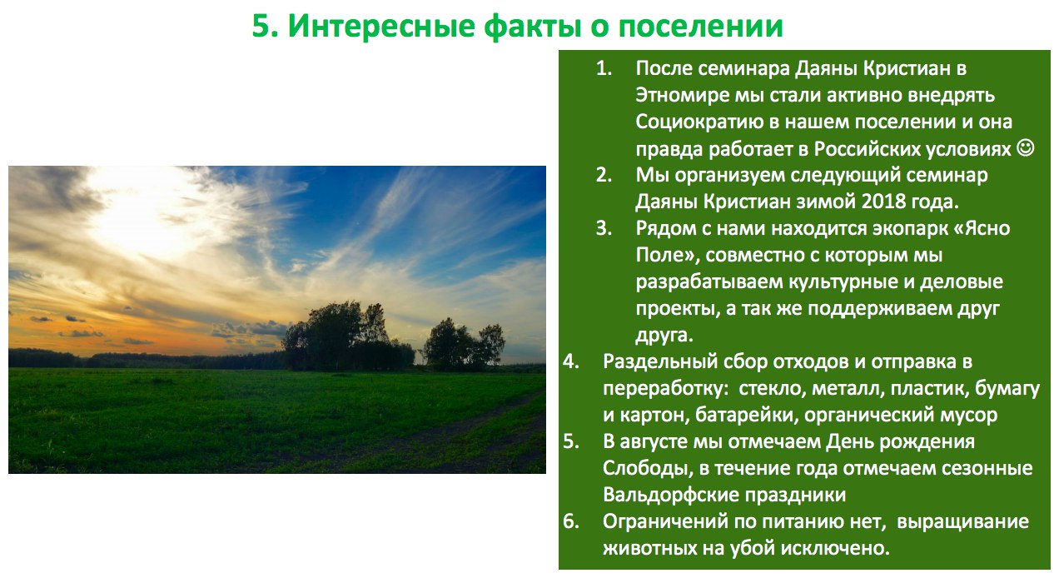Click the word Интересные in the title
tap(381, 26)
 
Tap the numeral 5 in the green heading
tap(261, 26)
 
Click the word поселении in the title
tap(701, 27)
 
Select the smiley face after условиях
tap(1026, 148)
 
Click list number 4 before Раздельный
tap(571, 361)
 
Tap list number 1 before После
tap(604, 68)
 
